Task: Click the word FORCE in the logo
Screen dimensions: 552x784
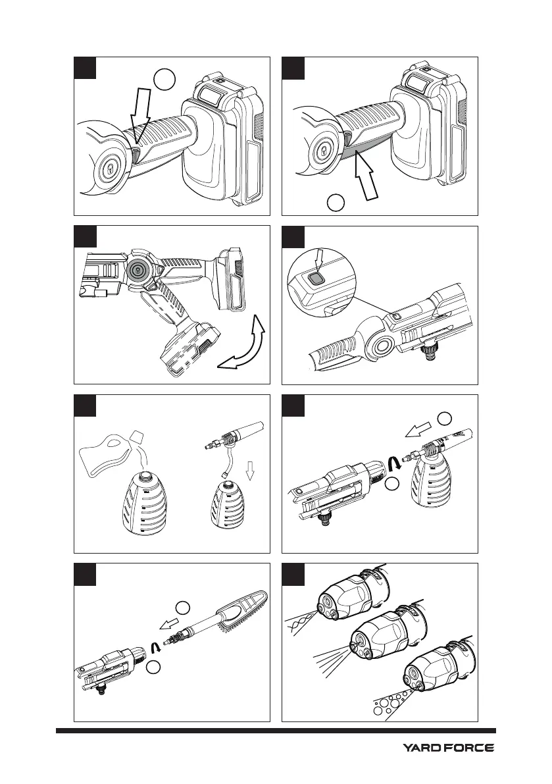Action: point(472,748)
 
